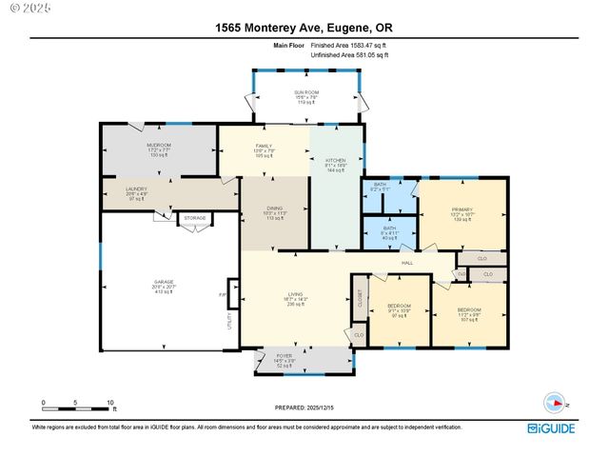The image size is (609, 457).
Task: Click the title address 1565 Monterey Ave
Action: point(304,28)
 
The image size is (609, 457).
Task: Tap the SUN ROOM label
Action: point(305,92)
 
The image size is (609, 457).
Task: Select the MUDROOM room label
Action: point(158,146)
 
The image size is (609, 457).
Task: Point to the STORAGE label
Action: point(195,217)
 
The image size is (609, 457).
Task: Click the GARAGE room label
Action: point(165,283)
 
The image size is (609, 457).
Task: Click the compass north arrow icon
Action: point(552,401)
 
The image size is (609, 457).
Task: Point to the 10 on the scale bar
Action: point(110,403)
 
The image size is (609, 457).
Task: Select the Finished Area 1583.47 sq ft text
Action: point(349,45)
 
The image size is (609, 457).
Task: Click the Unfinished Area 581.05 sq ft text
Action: point(349,55)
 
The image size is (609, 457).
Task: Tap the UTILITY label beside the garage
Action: point(229,321)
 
